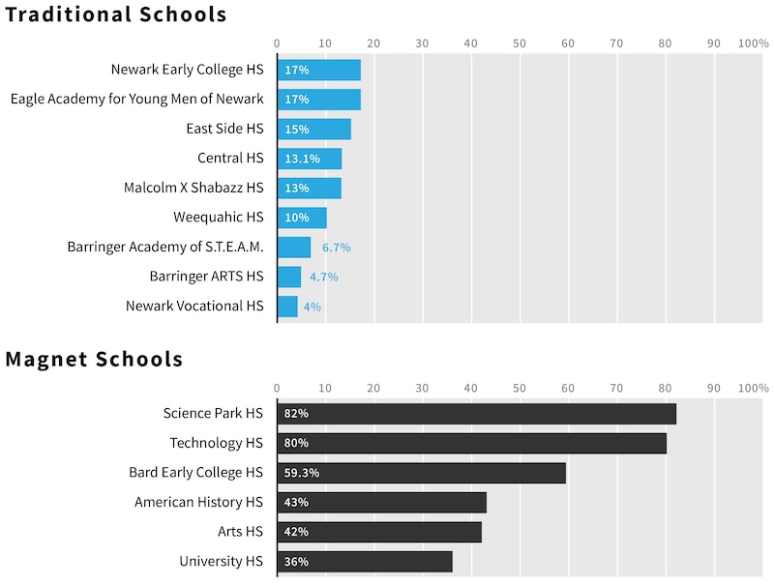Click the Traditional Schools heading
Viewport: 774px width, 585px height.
pos(116,15)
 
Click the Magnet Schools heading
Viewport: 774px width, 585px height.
pos(94,360)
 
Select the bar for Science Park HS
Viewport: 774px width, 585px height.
pos(476,414)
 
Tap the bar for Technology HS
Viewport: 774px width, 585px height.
pos(471,443)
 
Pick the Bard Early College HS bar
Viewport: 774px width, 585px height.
pos(421,473)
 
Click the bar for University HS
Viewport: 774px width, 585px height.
pos(365,562)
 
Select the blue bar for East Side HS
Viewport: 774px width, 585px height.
pos(313,130)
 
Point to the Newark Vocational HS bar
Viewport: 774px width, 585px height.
pos(287,307)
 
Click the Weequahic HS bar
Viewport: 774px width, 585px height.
pos(302,218)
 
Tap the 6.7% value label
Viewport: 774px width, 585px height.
pos(336,248)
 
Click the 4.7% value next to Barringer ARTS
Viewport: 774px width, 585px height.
pos(323,278)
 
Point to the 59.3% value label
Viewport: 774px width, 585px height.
pos(302,473)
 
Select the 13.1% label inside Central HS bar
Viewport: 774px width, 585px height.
pos(302,159)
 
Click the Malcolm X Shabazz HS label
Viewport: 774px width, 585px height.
pos(193,188)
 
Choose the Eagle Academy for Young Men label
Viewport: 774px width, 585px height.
pos(136,99)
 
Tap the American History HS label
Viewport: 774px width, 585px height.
pos(198,502)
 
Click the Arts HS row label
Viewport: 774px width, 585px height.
pos(240,532)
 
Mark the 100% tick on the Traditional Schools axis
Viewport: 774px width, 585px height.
pos(753,44)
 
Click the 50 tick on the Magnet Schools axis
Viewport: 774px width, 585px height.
pos(519,389)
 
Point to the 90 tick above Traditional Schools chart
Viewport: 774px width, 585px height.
pos(713,44)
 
